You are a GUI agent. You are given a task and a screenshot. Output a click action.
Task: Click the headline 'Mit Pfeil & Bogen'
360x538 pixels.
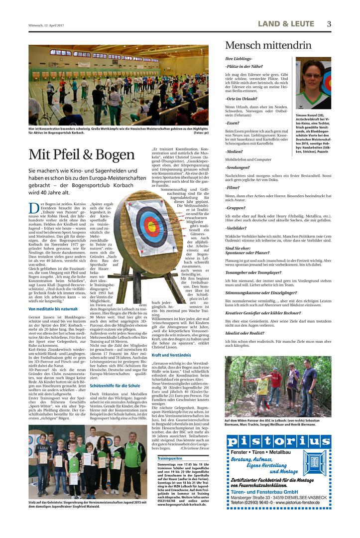pos(81,154)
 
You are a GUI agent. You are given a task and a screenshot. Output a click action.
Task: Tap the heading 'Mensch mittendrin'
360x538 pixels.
pos(269,45)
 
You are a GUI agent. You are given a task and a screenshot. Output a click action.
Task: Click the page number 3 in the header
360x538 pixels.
pos(329,24)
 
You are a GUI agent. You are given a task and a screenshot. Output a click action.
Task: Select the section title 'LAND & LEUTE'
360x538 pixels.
pos(286,24)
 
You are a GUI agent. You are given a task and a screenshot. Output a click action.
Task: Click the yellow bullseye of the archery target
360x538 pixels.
pos(152,227)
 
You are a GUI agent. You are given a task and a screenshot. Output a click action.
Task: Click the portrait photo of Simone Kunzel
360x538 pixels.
pos(313,84)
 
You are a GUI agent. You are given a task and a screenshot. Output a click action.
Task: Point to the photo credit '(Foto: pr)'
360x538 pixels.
pos(201,133)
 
